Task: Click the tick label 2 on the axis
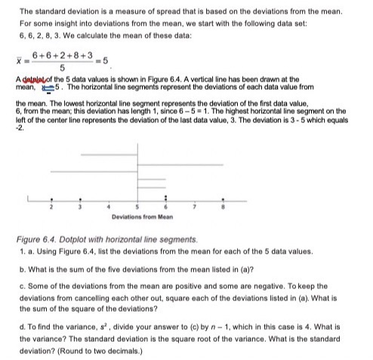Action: click(52, 207)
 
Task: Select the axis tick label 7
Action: click(193, 207)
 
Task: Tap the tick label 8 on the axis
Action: click(222, 207)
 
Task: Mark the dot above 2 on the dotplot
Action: click(52, 200)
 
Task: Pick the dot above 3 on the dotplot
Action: click(81, 200)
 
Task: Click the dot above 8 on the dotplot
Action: click(222, 200)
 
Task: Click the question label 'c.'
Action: click(24, 287)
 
